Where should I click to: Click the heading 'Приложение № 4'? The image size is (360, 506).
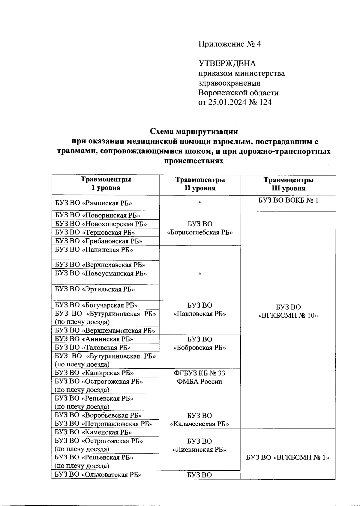(229, 44)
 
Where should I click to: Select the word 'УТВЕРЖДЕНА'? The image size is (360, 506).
(227, 64)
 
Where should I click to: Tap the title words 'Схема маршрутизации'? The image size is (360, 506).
(194, 132)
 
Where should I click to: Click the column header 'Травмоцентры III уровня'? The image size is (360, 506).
(288, 184)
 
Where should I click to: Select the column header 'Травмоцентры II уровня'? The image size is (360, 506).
(200, 184)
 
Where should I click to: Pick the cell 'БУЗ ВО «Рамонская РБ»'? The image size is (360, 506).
(94, 203)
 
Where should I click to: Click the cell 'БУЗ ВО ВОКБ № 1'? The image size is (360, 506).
(288, 200)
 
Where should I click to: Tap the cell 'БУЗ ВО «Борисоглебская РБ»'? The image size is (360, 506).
(200, 228)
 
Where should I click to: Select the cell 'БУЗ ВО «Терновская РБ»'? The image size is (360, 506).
(95, 232)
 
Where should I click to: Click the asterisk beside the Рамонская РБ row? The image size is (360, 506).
(200, 203)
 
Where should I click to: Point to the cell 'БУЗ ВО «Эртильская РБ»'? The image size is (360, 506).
(95, 289)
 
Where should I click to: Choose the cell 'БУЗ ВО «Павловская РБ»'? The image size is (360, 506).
(200, 309)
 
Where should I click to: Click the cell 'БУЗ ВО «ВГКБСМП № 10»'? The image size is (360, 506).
(288, 311)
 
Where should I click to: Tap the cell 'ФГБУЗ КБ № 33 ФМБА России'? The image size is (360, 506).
(199, 377)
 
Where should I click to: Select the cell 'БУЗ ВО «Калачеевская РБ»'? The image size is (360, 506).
(199, 420)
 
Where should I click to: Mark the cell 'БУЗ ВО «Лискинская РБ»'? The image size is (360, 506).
(199, 445)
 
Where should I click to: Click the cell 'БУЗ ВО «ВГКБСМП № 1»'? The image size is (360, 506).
(288, 458)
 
